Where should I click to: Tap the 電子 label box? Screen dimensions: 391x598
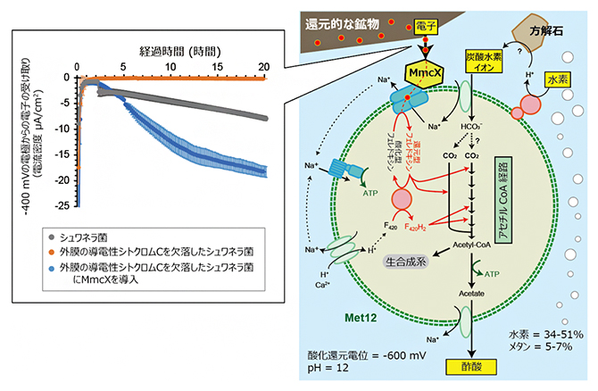425,29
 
